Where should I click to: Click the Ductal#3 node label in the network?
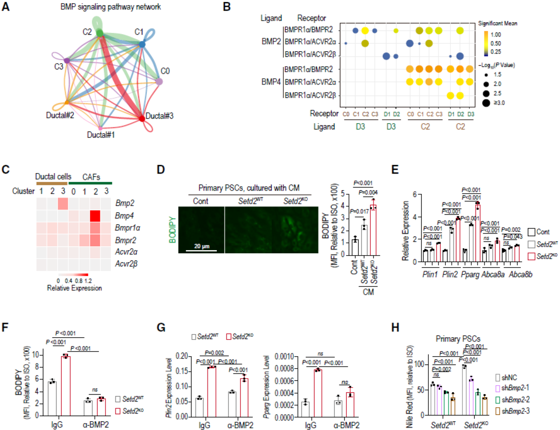[x=161, y=116]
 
